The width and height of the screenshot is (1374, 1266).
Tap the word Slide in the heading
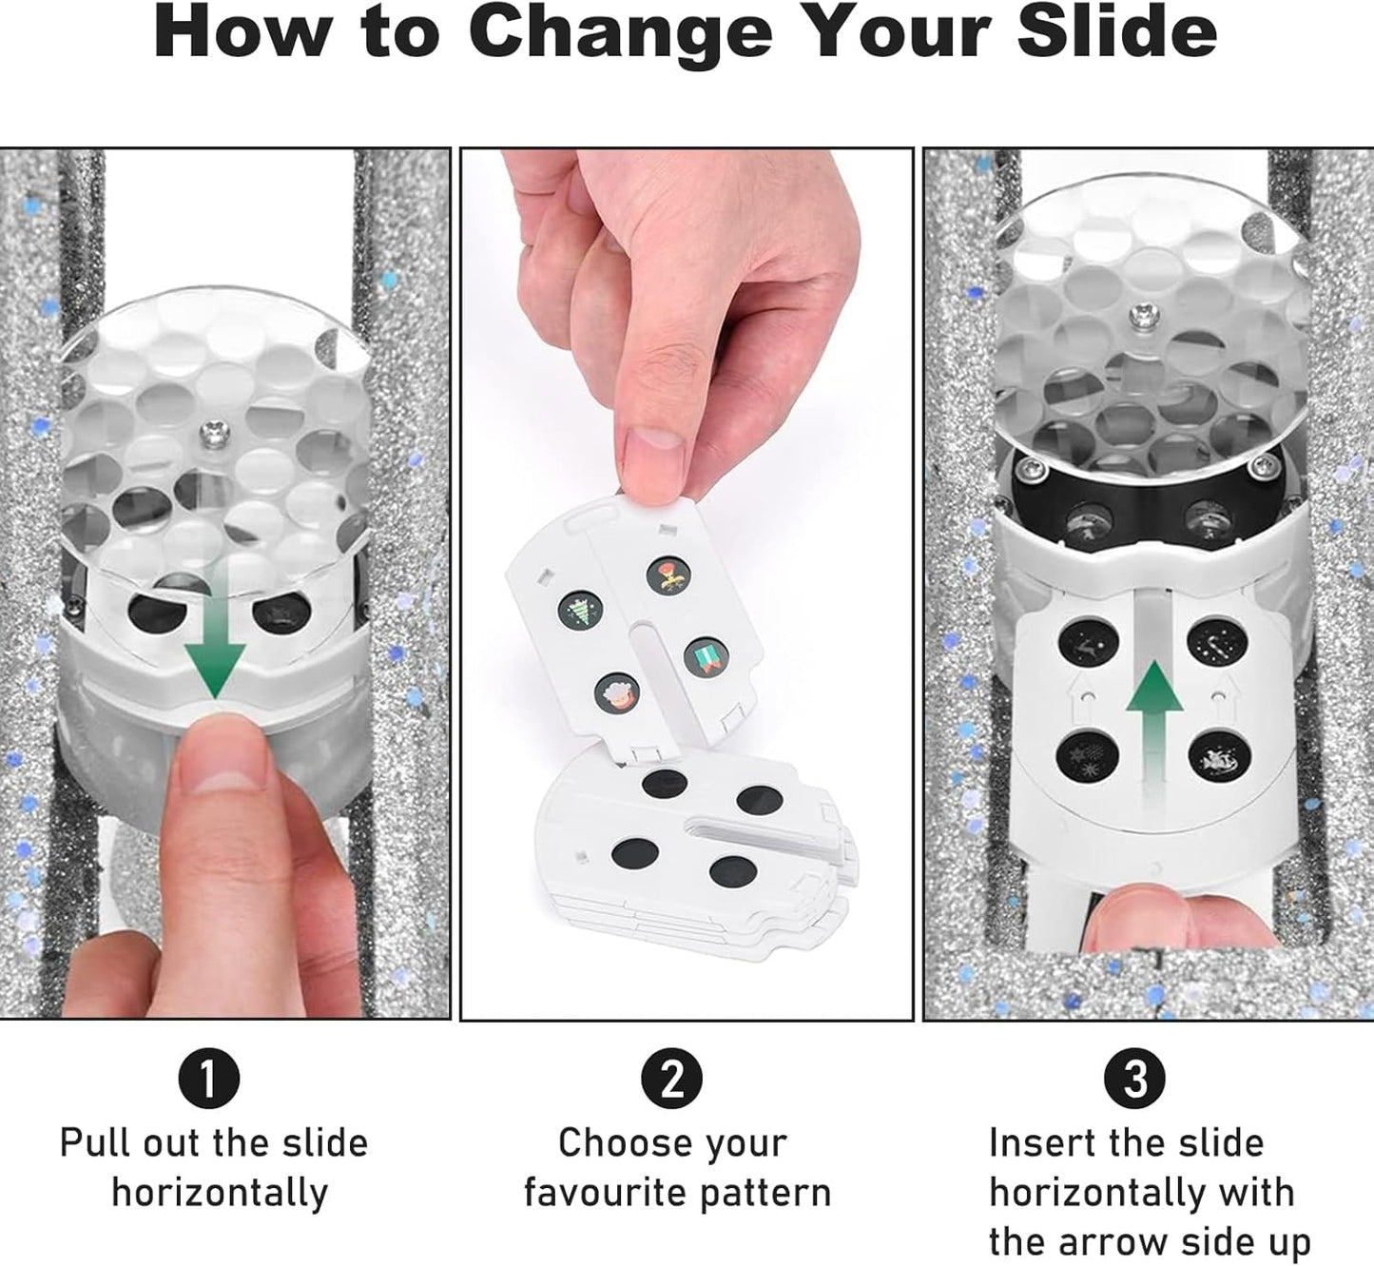click(x=1117, y=32)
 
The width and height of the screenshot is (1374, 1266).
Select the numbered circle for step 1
click(x=209, y=1079)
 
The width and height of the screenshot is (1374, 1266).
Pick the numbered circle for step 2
click(x=671, y=1079)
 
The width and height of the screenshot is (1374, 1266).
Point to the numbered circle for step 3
click(x=1135, y=1079)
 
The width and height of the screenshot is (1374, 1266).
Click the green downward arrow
click(x=214, y=627)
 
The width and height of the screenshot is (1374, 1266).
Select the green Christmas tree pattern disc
click(x=580, y=611)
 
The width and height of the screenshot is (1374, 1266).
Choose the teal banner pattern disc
click(x=706, y=656)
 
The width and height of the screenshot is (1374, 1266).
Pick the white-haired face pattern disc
click(x=617, y=692)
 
